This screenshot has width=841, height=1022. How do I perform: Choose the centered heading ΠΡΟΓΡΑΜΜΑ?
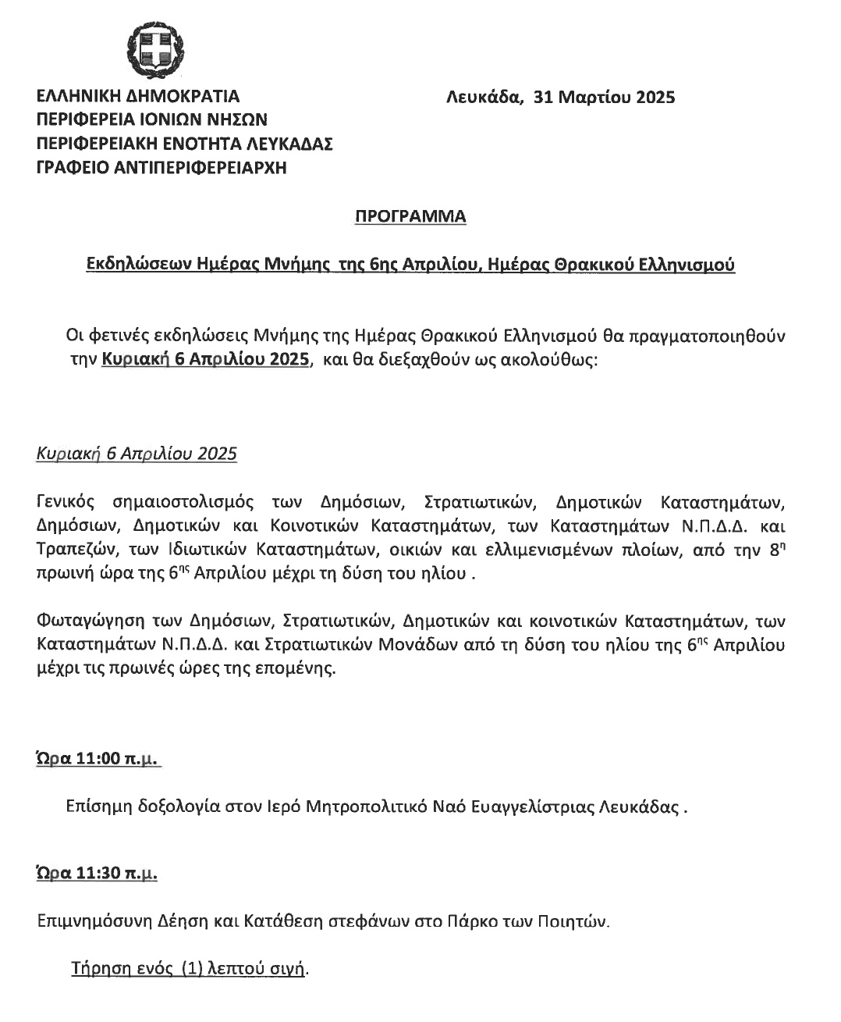click(x=410, y=216)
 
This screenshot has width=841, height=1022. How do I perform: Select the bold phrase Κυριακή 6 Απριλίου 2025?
click(x=206, y=361)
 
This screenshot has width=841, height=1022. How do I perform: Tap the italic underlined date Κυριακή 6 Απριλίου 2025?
click(x=137, y=454)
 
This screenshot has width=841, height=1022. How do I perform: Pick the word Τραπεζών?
click(x=69, y=549)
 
